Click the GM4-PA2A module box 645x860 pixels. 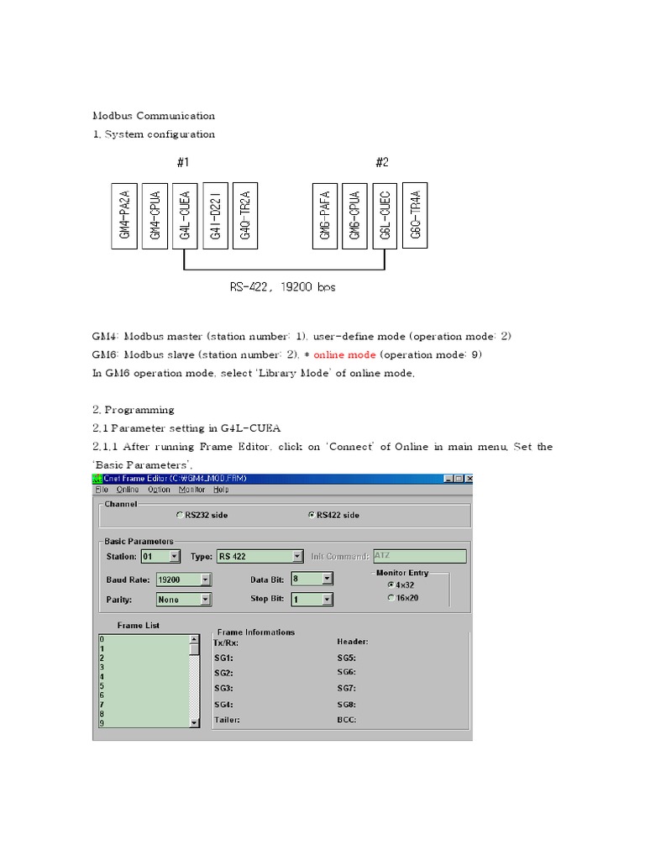coord(123,216)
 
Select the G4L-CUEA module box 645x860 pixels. coord(184,216)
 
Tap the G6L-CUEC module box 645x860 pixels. coord(385,216)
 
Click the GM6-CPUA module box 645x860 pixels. coord(354,216)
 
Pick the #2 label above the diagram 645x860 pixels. coord(382,163)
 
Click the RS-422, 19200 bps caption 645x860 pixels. coord(283,287)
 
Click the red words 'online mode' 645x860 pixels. coord(344,354)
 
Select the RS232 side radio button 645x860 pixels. coord(180,515)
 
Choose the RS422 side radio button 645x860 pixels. coord(312,515)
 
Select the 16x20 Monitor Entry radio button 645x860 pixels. coord(391,597)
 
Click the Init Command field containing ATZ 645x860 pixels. coord(418,556)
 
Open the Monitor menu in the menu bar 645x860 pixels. coord(192,490)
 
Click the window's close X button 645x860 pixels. coord(466,479)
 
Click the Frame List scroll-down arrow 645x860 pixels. coord(195,722)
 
